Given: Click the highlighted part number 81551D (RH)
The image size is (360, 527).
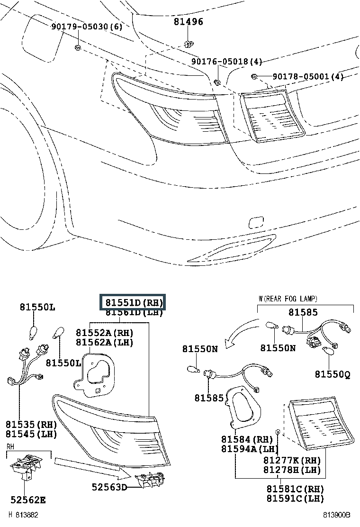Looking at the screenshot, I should pyautogui.click(x=132, y=302).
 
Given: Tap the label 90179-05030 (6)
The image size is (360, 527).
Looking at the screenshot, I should pyautogui.click(x=87, y=27).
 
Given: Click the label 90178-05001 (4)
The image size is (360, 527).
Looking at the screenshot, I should pyautogui.click(x=308, y=77).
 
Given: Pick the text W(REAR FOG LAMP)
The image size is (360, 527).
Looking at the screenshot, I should pyautogui.click(x=288, y=299).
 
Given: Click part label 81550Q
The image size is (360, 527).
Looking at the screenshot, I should pyautogui.click(x=333, y=374).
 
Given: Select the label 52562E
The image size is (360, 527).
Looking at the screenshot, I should pyautogui.click(x=28, y=499).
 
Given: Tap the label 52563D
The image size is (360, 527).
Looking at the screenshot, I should pyautogui.click(x=109, y=486).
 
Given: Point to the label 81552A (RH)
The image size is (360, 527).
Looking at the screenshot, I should pyautogui.click(x=105, y=332).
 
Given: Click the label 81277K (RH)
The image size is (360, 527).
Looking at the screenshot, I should pyautogui.click(x=292, y=460).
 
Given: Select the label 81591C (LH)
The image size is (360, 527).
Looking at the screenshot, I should pyautogui.click(x=295, y=498).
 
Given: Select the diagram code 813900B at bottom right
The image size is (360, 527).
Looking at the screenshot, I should pyautogui.click(x=337, y=515).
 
